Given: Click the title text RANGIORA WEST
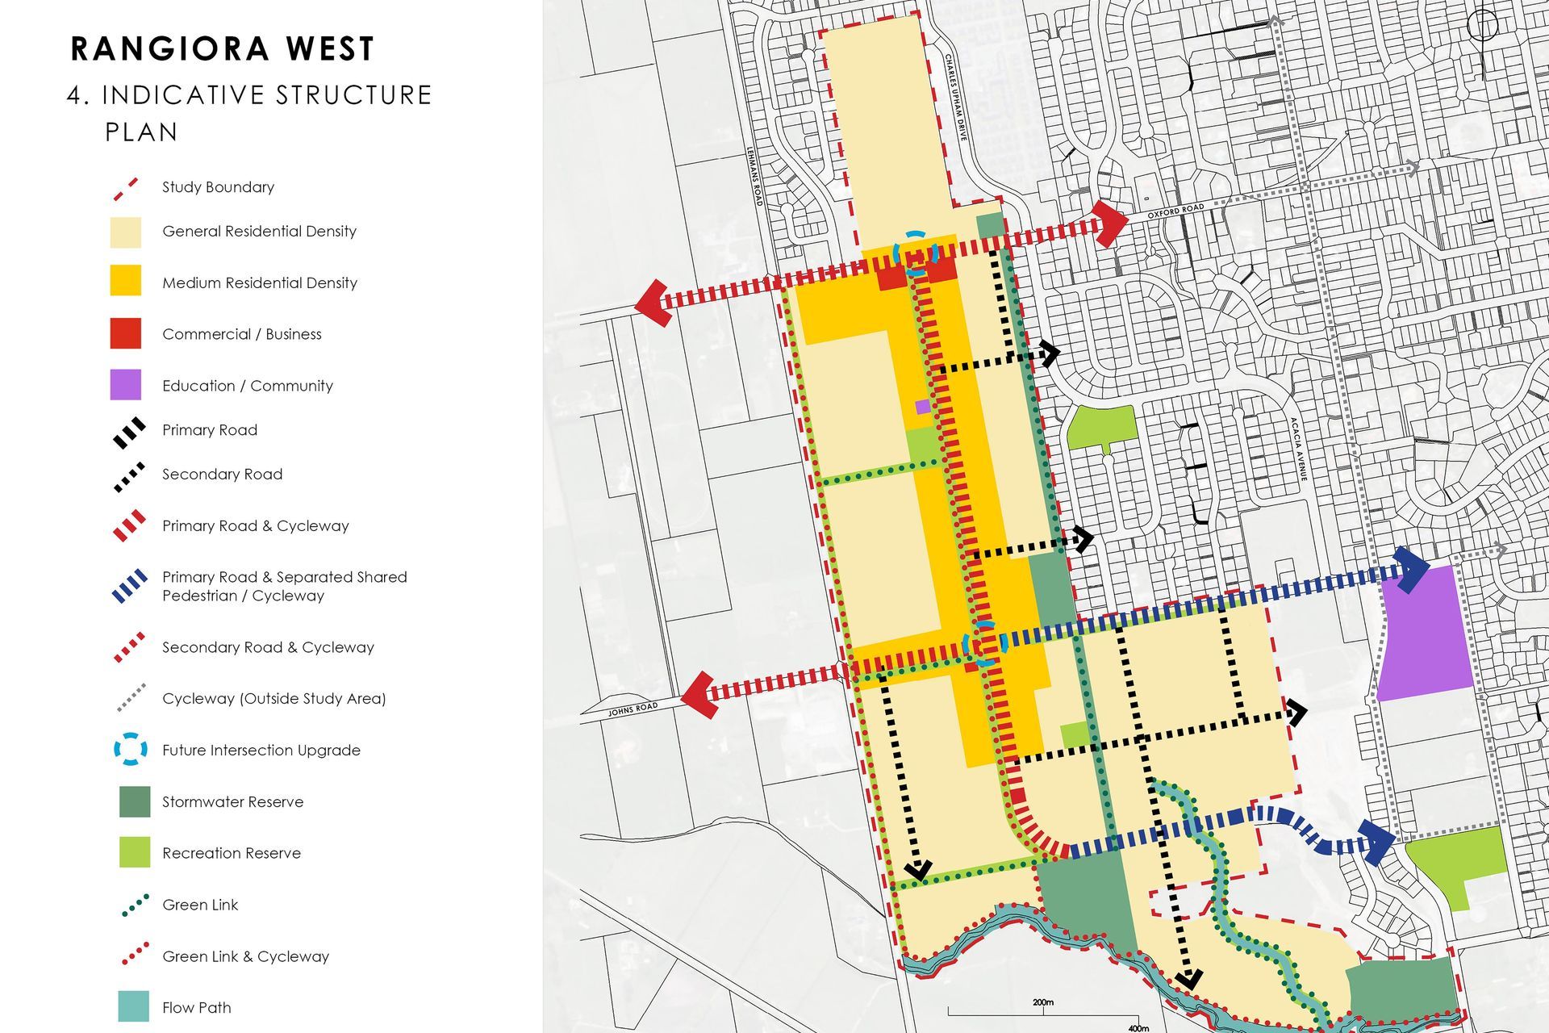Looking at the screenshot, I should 223,49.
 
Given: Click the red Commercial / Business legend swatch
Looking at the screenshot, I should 126,333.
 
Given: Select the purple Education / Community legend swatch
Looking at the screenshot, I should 126,385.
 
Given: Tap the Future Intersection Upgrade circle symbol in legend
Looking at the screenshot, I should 131,750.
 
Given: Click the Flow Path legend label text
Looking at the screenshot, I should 196,1007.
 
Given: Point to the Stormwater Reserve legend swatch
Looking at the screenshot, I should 135,801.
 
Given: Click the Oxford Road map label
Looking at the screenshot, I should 1175,211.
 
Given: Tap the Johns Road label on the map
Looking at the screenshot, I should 633,710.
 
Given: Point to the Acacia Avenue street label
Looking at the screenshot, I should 1298,450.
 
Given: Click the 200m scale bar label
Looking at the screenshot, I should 1042,1002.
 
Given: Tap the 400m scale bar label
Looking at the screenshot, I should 1138,1028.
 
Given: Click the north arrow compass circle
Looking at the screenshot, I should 1483,26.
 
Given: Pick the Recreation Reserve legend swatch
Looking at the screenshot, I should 135,852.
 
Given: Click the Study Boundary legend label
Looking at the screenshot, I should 218,187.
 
